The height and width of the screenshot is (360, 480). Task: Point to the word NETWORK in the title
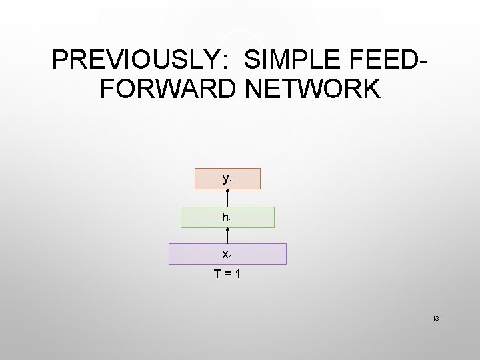point(312,89)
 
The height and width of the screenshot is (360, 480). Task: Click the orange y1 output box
point(227,179)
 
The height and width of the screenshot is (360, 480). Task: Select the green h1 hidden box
point(227,217)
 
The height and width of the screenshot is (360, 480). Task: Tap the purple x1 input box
point(227,254)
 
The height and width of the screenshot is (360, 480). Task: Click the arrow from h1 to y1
point(227,198)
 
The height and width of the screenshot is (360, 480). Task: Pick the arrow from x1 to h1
point(227,235)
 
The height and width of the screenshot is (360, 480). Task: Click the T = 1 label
point(227,273)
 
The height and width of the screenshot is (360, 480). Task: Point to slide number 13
point(435,319)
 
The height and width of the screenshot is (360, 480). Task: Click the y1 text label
point(227,179)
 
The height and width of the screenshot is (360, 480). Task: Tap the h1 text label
point(227,217)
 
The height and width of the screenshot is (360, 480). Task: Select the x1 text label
point(227,255)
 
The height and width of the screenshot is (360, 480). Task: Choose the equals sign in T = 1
point(227,273)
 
